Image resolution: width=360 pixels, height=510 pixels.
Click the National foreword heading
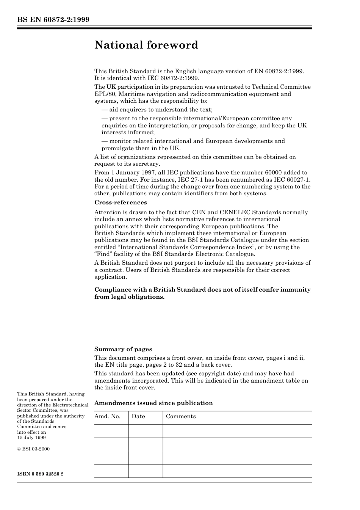(146, 45)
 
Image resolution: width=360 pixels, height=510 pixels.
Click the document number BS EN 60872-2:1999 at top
(53, 20)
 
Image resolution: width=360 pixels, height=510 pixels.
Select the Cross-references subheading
(121, 202)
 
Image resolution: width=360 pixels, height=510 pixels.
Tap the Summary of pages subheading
(123, 349)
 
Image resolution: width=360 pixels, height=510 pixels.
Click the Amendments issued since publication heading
(153, 403)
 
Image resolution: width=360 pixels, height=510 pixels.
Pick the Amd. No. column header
(107, 416)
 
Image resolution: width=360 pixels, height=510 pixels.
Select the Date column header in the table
(138, 416)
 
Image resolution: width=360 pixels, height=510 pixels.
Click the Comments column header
(181, 416)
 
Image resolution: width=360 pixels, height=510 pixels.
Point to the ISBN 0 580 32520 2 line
(41, 474)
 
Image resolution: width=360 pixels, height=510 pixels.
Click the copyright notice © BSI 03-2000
(33, 449)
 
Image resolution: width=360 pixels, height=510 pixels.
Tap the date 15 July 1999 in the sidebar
(31, 438)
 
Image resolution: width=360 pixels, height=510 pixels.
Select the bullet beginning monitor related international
(193, 141)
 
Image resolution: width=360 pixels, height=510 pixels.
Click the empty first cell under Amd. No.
(111, 431)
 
